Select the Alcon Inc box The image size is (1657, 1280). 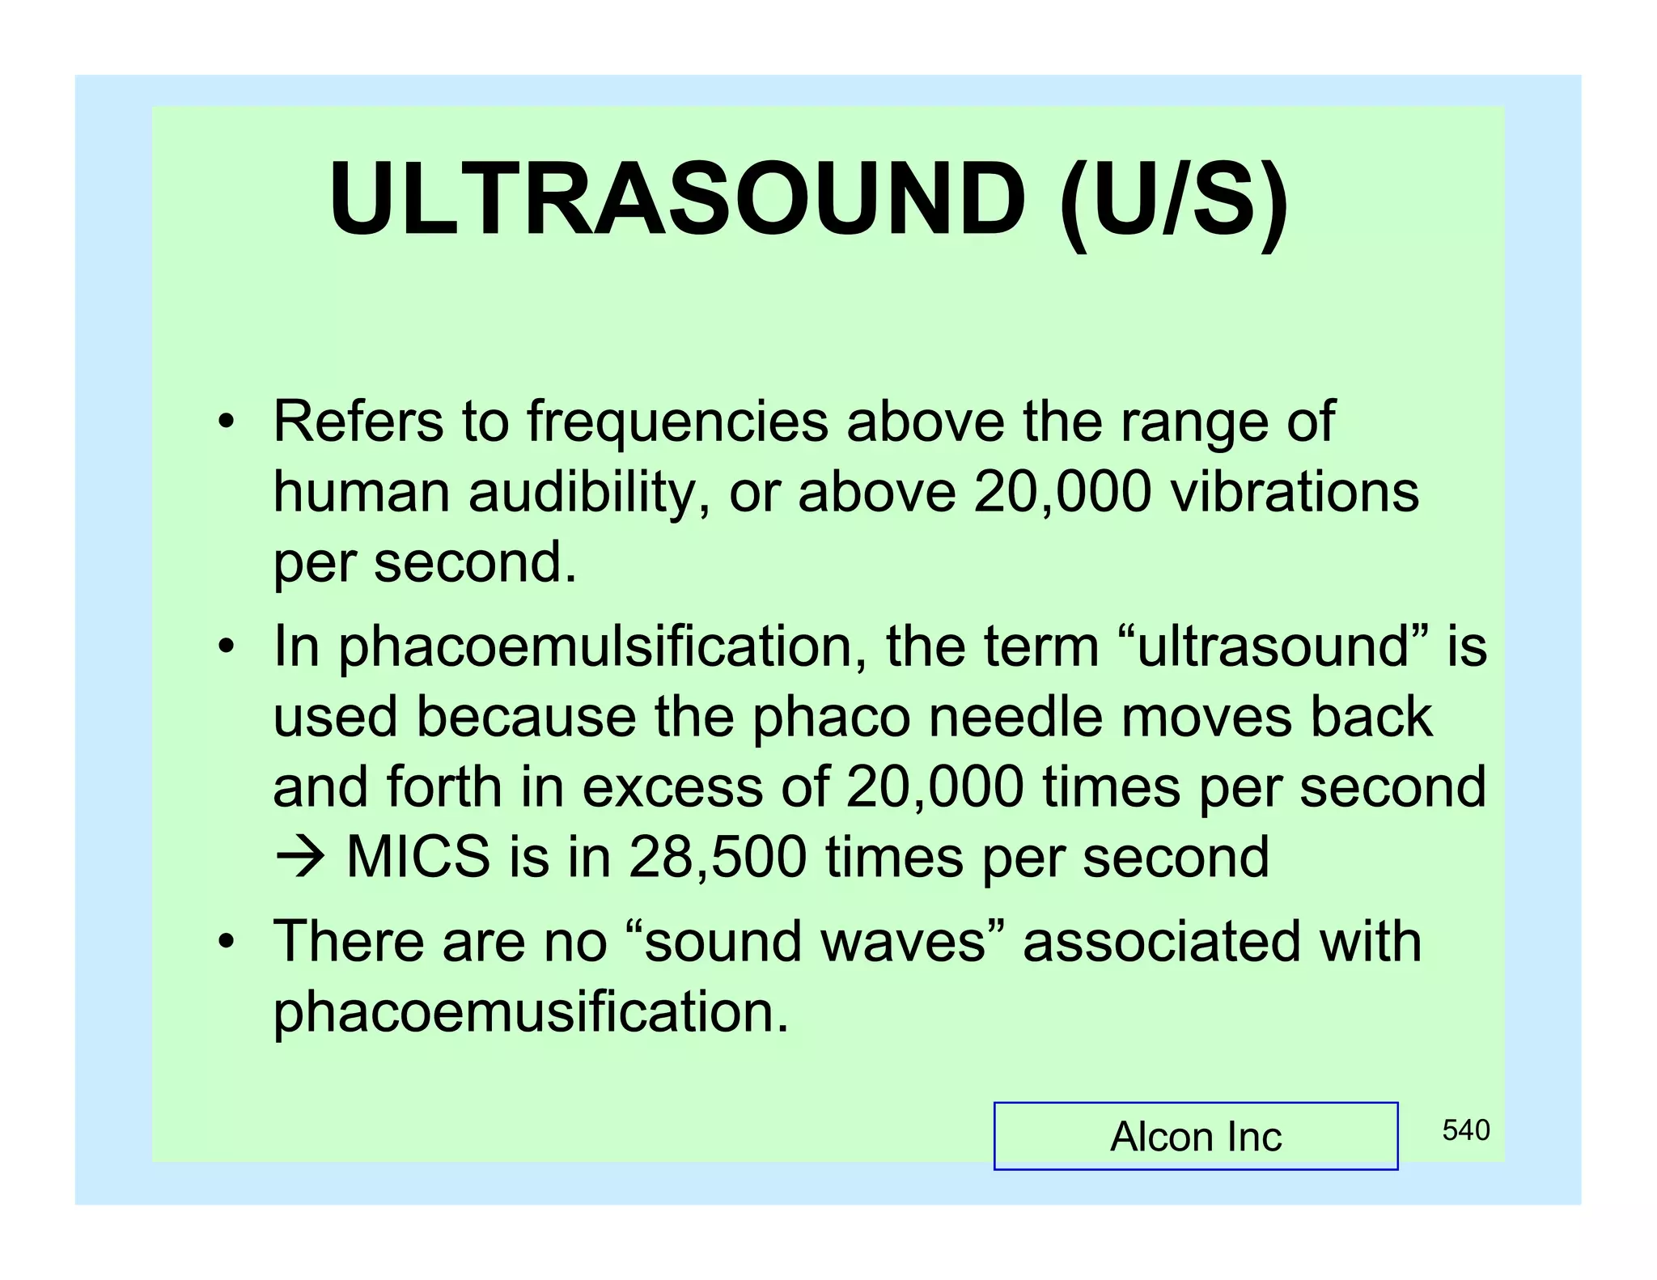click(x=1195, y=1136)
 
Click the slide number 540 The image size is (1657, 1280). click(x=1465, y=1130)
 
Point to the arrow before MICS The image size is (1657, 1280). click(x=300, y=857)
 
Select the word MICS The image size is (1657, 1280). click(x=417, y=857)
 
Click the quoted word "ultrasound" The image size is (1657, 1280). click(x=1274, y=646)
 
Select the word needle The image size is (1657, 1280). click(x=1015, y=717)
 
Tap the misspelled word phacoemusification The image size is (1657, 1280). click(x=530, y=1011)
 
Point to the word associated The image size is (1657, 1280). click(x=1160, y=942)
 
